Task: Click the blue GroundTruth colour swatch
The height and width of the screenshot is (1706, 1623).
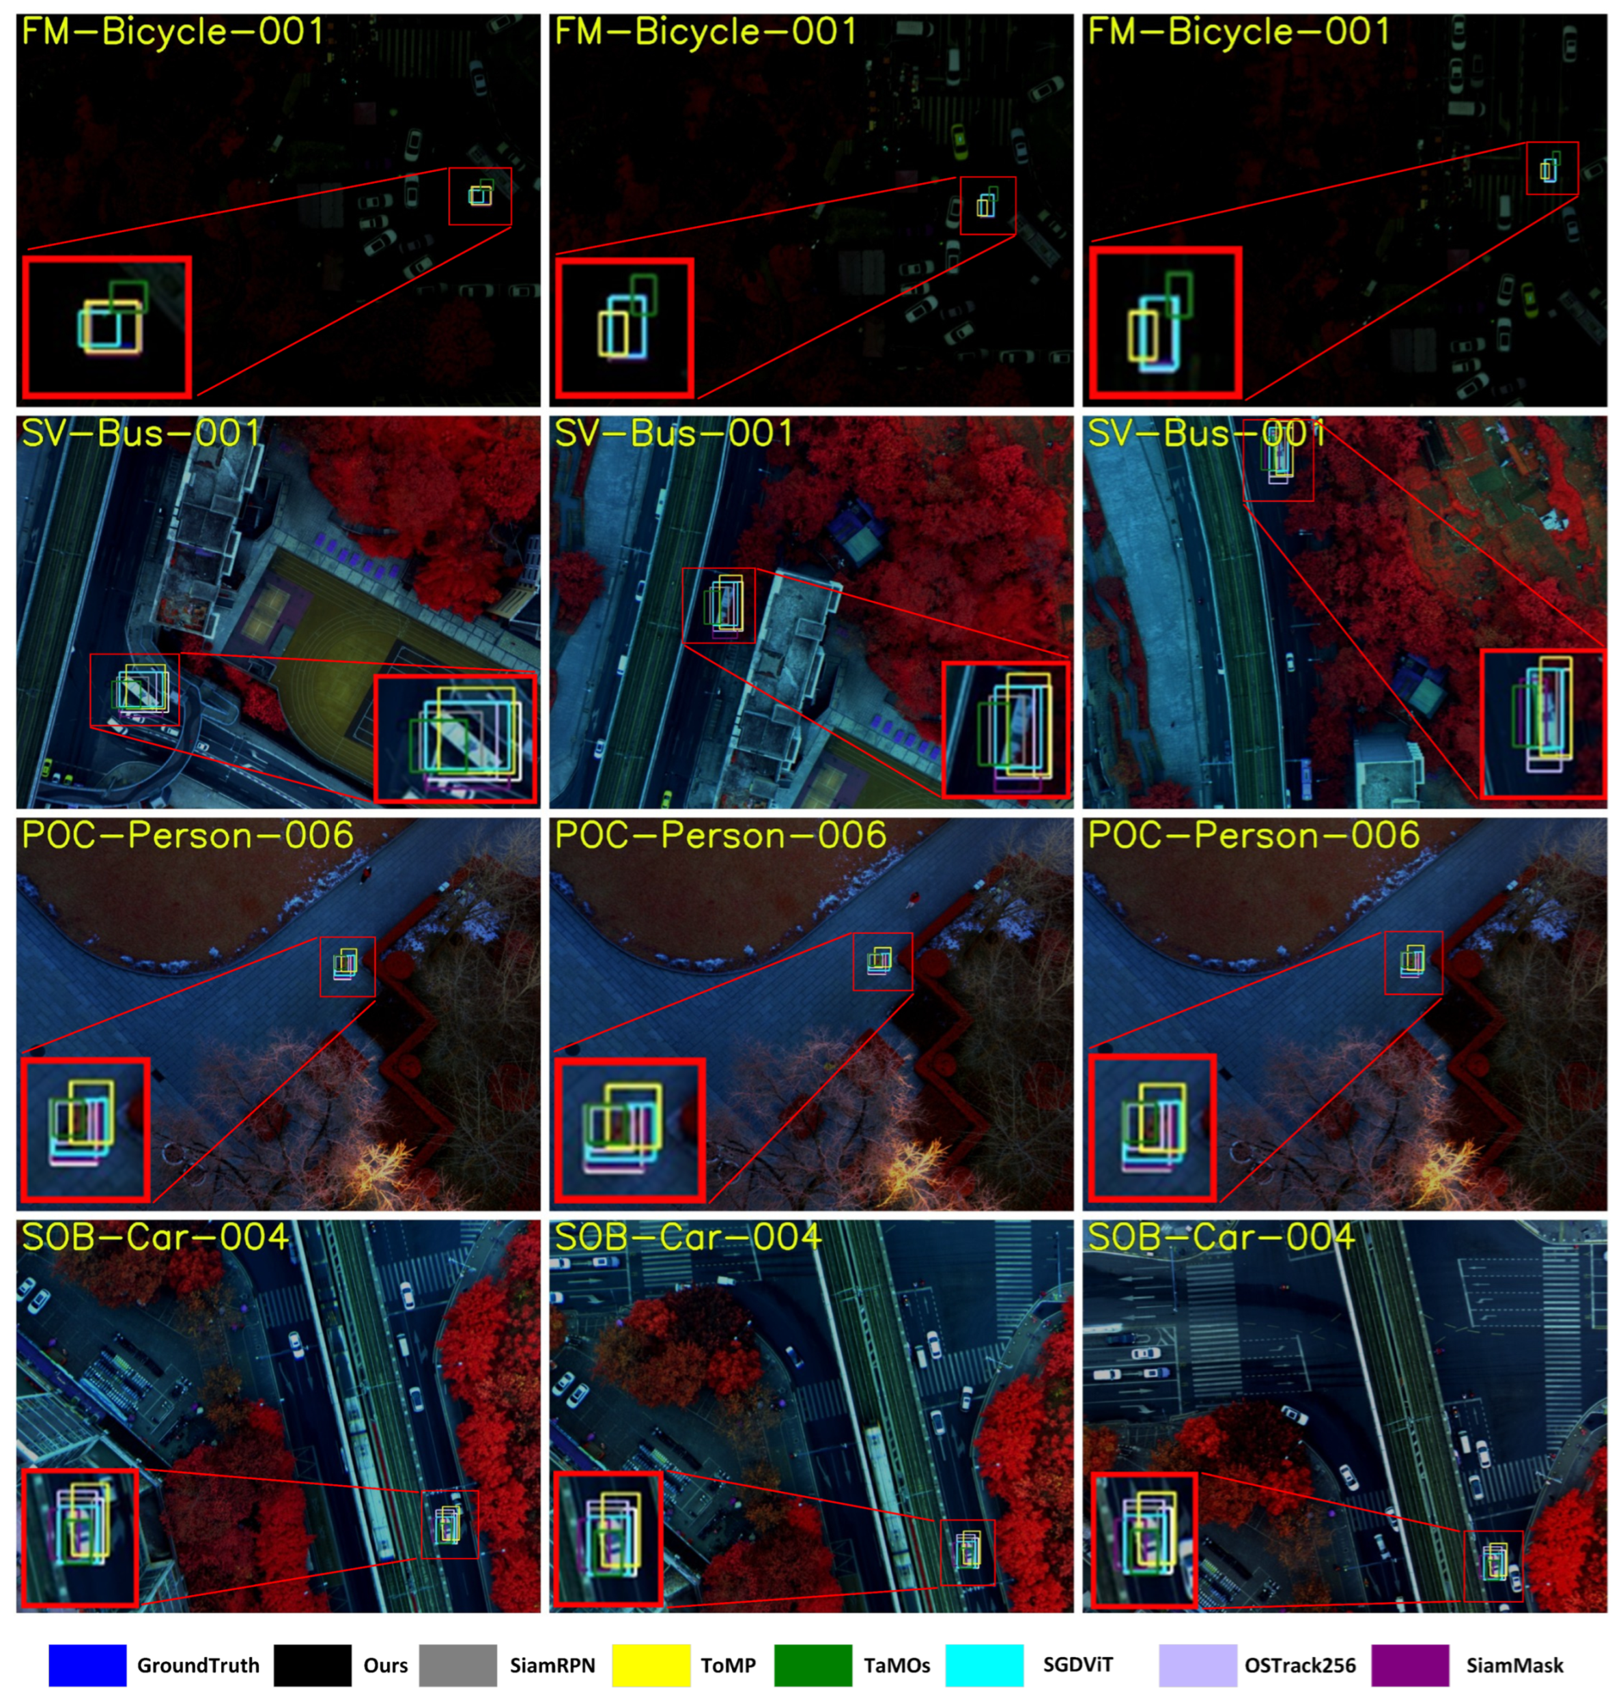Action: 87,1664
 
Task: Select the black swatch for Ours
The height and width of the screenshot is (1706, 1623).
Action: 312,1664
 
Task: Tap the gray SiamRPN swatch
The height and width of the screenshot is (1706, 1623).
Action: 457,1664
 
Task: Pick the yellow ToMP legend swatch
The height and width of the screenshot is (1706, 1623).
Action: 651,1664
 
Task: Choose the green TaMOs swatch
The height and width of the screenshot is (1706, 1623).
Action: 813,1664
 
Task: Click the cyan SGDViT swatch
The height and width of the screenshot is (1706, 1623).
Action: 985,1664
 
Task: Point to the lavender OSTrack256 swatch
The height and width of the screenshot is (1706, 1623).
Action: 1198,1664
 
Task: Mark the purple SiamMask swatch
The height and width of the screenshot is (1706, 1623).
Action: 1410,1664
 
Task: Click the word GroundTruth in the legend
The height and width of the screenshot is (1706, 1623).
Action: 198,1665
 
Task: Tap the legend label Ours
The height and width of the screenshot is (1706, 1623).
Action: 386,1665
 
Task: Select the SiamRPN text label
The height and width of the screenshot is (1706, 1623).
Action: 552,1665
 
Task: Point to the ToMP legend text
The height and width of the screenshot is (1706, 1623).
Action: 729,1665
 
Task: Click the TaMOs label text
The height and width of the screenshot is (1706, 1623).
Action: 897,1665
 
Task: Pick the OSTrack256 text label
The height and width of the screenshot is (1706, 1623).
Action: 1300,1665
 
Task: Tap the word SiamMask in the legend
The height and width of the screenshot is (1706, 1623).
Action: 1515,1665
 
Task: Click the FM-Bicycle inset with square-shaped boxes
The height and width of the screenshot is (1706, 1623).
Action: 107,326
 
